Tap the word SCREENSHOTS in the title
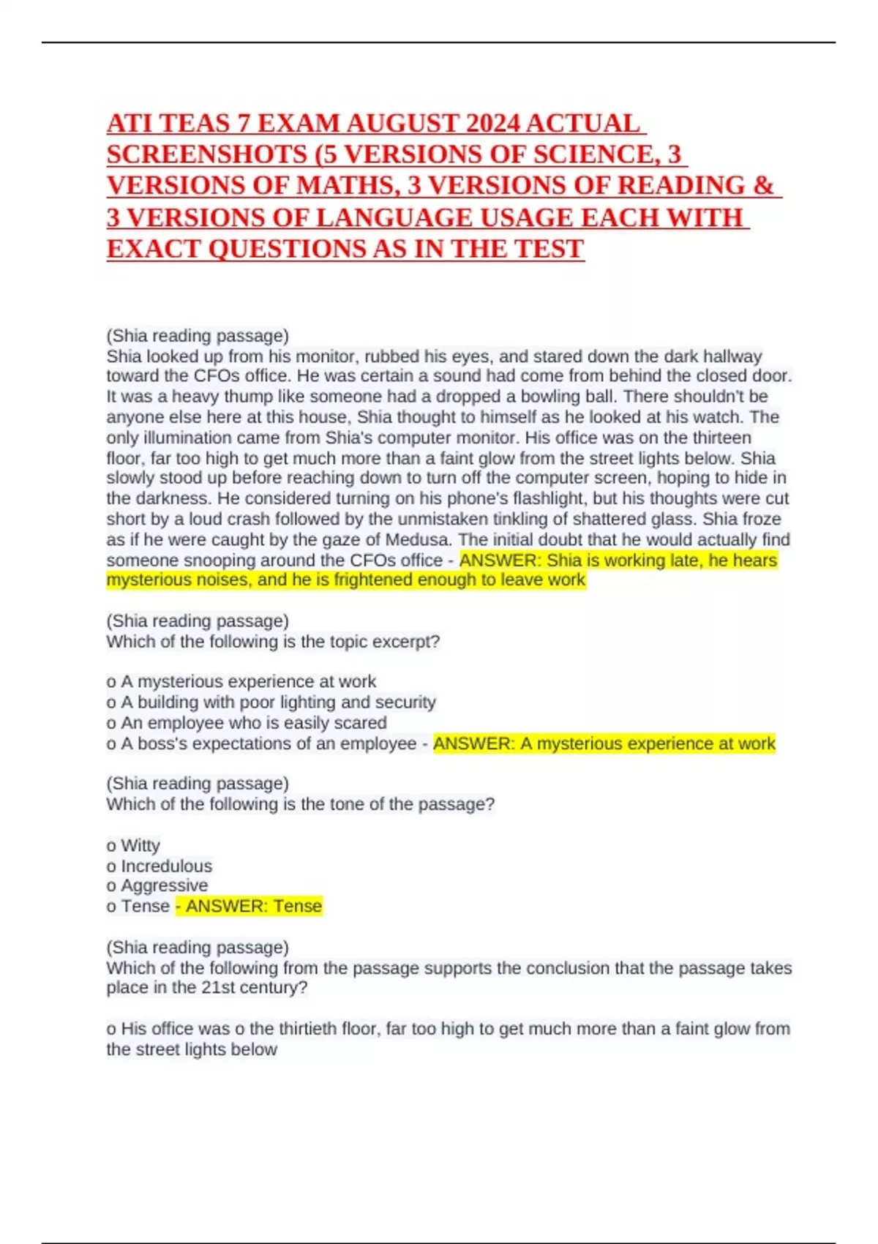[207, 154]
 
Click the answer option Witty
[140, 845]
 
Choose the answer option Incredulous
[166, 866]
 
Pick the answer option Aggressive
[164, 885]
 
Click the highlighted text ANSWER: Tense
[253, 906]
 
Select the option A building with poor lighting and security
[278, 702]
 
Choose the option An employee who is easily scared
[253, 722]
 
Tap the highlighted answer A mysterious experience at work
[604, 743]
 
